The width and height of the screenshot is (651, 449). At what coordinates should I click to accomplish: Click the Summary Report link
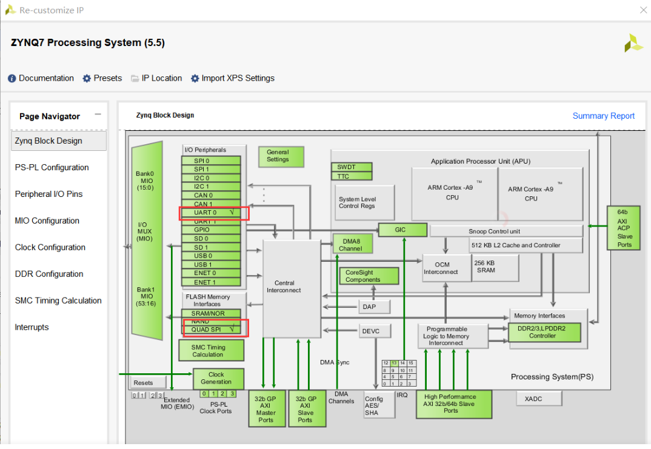(x=603, y=116)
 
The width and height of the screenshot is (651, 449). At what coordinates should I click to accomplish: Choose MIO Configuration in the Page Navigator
(x=47, y=221)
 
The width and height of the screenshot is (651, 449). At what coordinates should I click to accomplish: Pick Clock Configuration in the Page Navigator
(x=50, y=247)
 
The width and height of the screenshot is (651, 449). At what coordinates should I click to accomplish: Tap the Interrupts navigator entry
(x=32, y=327)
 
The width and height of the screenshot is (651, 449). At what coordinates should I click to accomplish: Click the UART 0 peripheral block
(x=211, y=213)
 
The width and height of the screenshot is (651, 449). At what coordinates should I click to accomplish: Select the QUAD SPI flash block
(x=211, y=329)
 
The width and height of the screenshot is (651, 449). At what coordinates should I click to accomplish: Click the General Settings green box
(x=278, y=156)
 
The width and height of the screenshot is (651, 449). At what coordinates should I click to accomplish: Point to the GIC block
(x=400, y=230)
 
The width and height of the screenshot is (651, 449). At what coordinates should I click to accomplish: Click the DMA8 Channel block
(x=350, y=245)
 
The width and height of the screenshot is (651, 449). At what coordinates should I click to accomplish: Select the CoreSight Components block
(x=369, y=276)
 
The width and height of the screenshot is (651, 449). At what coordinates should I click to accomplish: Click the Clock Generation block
(x=217, y=378)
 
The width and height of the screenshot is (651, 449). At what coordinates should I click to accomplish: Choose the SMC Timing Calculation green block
(x=210, y=351)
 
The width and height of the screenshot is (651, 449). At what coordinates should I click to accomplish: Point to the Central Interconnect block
(x=291, y=287)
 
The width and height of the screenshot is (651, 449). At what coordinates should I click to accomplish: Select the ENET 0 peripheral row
(x=211, y=273)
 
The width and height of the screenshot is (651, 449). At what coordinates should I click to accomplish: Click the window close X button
(x=643, y=10)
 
